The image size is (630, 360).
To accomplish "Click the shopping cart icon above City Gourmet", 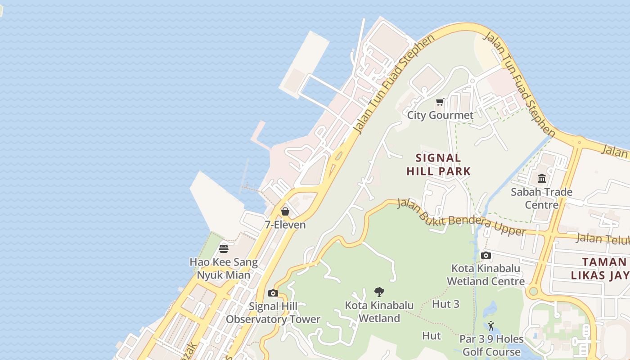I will pyautogui.click(x=440, y=102).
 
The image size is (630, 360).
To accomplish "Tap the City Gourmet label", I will pyautogui.click(x=440, y=115).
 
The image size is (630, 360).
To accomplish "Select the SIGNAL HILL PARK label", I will pyautogui.click(x=438, y=165).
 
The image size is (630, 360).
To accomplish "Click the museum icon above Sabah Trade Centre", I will pyautogui.click(x=542, y=179).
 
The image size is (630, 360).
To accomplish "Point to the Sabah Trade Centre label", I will pyautogui.click(x=542, y=198).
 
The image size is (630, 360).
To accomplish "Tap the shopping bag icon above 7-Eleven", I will pyautogui.click(x=285, y=211).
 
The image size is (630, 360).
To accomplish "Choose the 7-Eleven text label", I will pyautogui.click(x=285, y=225).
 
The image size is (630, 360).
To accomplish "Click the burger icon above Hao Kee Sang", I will pyautogui.click(x=224, y=248).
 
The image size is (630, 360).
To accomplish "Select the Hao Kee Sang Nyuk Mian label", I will pyautogui.click(x=224, y=268).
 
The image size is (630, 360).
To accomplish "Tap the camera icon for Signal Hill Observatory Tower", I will pyautogui.click(x=273, y=293).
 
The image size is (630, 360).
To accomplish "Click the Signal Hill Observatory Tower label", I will pyautogui.click(x=273, y=313).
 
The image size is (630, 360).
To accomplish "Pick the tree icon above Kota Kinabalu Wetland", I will pyautogui.click(x=379, y=292).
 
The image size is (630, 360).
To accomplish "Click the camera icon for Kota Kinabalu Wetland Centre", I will pyautogui.click(x=486, y=256).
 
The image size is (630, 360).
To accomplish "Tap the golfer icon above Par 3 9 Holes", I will pyautogui.click(x=491, y=326).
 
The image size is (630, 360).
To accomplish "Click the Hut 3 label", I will pyautogui.click(x=445, y=304).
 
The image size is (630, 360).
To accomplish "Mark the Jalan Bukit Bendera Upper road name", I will pyautogui.click(x=461, y=217).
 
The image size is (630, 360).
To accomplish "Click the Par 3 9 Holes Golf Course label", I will pyautogui.click(x=491, y=345).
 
